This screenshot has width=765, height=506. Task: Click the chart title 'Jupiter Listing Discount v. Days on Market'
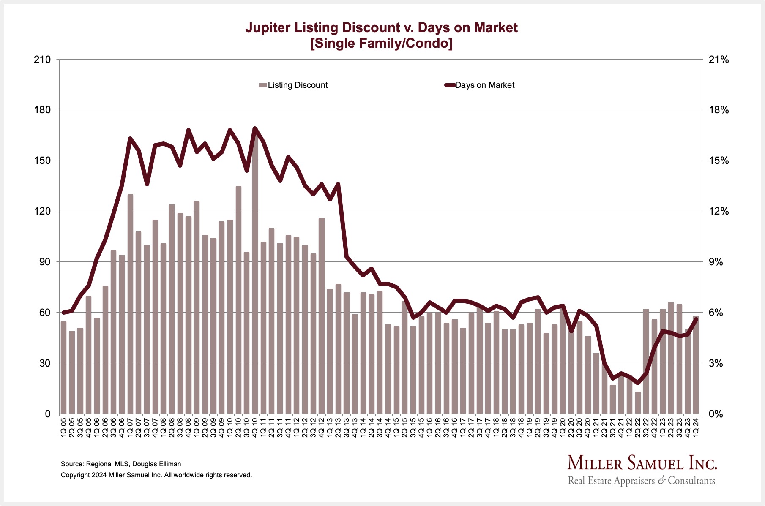click(x=381, y=28)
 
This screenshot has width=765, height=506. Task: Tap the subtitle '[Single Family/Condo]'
click(x=381, y=44)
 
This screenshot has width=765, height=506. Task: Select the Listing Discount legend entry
click(x=294, y=85)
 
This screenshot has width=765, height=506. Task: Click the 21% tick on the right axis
click(x=719, y=60)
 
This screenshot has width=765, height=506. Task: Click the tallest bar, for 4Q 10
click(x=255, y=275)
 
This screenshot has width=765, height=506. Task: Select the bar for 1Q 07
click(x=130, y=304)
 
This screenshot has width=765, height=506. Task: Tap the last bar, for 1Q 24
click(x=696, y=365)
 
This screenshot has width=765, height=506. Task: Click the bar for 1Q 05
click(x=64, y=367)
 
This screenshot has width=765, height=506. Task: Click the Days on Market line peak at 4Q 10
click(x=255, y=128)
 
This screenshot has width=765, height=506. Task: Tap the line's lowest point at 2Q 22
click(x=638, y=383)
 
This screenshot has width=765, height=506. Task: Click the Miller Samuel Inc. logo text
click(x=642, y=463)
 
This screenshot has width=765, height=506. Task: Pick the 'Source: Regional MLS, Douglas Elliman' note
click(x=121, y=464)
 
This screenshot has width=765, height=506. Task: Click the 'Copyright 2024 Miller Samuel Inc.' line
click(x=156, y=475)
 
